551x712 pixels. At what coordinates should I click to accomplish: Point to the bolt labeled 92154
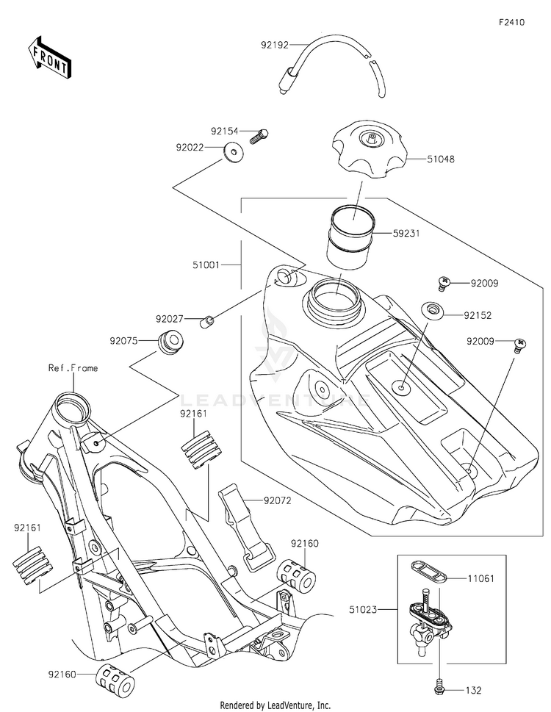(x=259, y=134)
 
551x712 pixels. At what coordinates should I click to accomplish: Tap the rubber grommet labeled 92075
(x=171, y=342)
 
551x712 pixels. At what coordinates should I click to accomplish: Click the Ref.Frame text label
(x=73, y=368)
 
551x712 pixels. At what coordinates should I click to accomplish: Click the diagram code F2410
(x=511, y=23)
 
